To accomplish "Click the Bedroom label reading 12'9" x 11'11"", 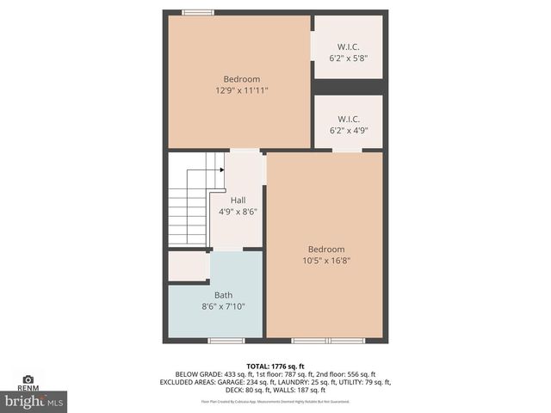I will click(242, 79).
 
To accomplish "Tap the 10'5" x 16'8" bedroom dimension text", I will click(326, 261).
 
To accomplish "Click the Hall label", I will click(238, 200).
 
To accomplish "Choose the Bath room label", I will click(223, 295).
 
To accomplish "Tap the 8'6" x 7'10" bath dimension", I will click(223, 306).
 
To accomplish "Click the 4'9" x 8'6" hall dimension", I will click(238, 211).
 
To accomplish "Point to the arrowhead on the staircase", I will click(221, 170).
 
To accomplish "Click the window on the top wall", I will click(198, 12).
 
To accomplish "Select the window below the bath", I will click(226, 341).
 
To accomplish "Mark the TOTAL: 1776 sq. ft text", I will click(275, 367).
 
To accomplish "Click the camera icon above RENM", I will click(28, 379).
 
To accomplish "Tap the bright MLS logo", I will click(34, 400).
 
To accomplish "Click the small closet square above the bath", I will click(187, 266).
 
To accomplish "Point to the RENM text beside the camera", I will click(28, 388).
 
